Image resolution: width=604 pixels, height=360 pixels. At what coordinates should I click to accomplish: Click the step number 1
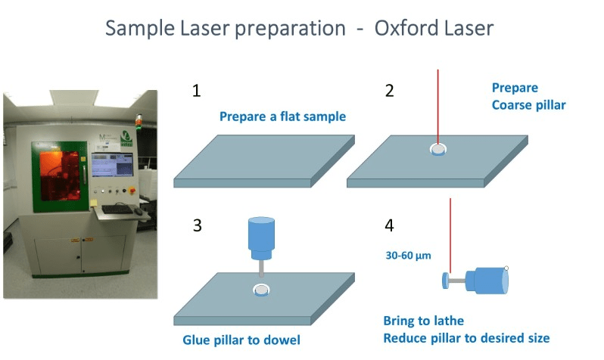[x=197, y=92]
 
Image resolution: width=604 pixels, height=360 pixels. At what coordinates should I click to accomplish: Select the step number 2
[x=390, y=92]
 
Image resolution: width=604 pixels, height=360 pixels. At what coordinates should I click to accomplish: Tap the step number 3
[x=197, y=225]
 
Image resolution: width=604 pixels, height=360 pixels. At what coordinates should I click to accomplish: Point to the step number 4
[x=390, y=225]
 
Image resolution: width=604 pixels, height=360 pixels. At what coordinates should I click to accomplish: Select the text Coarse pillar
[x=528, y=105]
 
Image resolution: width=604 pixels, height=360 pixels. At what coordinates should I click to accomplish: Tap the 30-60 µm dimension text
[x=408, y=256]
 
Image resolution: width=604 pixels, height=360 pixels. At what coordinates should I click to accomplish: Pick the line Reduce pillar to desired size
[x=466, y=337]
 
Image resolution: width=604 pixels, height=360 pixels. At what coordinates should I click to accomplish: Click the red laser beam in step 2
[x=437, y=106]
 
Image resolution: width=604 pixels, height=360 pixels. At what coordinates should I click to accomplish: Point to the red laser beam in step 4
[x=451, y=234]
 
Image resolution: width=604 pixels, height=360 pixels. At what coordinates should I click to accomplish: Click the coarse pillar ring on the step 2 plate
[x=437, y=150]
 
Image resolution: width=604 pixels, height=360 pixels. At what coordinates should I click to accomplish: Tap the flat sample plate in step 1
[x=265, y=160]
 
